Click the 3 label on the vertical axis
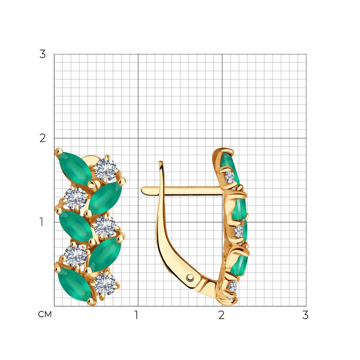[x=42, y=54]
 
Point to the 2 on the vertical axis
[x=42, y=138]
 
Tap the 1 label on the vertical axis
[x=41, y=222]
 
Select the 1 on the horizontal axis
[x=136, y=315]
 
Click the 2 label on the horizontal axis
[x=221, y=315]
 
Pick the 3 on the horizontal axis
[x=305, y=315]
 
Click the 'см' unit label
[x=45, y=314]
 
